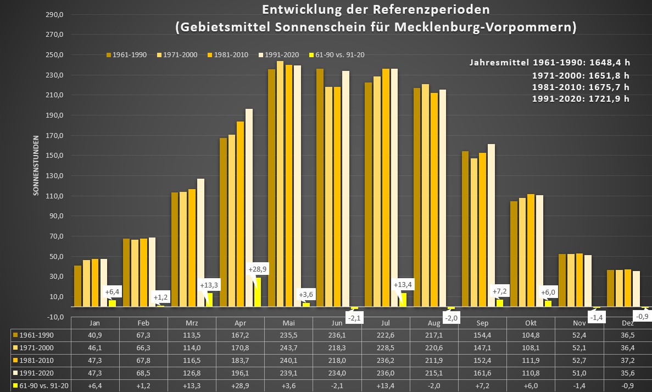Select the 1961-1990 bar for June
pyautogui.click(x=320, y=187)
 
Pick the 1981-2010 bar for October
pyautogui.click(x=531, y=250)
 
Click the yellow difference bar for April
pyautogui.click(x=258, y=291)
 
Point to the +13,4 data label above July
pyautogui.click(x=403, y=284)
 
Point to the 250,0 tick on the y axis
pyautogui.click(x=57, y=55)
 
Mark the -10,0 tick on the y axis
pyautogui.click(x=55, y=317)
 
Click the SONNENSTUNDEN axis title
pyautogui.click(x=36, y=165)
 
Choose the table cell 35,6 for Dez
pyautogui.click(x=628, y=373)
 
